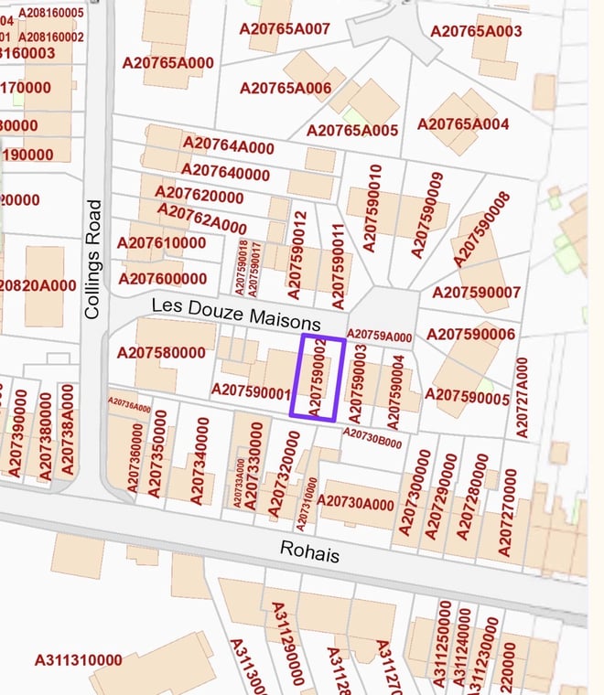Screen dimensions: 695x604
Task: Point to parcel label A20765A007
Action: (x=285, y=28)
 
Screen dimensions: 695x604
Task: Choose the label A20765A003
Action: (x=476, y=31)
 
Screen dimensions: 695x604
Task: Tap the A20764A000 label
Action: (x=228, y=145)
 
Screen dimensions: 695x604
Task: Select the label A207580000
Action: (x=161, y=352)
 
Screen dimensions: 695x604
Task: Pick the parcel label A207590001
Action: (x=251, y=390)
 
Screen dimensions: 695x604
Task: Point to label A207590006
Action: (x=470, y=335)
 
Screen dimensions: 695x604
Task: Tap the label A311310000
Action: (x=78, y=660)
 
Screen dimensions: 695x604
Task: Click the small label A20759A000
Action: (x=380, y=337)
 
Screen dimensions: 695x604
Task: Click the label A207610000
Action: (x=161, y=242)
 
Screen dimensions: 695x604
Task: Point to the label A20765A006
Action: (x=285, y=88)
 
